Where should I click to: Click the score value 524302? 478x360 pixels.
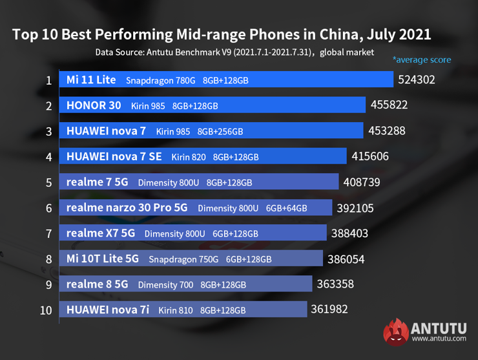(417, 80)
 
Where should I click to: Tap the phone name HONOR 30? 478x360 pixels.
(94, 105)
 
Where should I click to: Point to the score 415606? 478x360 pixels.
(370, 156)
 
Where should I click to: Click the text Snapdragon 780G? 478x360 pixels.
(160, 81)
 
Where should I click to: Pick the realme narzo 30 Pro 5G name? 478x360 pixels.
(127, 208)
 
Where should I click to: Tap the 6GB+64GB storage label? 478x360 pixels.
(286, 209)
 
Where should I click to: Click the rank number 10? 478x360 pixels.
(46, 310)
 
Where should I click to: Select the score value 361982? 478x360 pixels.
(329, 310)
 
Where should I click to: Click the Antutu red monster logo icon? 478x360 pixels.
(395, 332)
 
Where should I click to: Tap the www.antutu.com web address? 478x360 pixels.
(439, 338)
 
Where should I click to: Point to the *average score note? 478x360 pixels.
(421, 60)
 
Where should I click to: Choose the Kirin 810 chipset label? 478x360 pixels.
(176, 310)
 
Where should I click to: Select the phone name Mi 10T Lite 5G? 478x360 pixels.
(103, 259)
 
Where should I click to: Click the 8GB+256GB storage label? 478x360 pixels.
(220, 131)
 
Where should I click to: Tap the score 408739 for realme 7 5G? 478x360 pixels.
(362, 182)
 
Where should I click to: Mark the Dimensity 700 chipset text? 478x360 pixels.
(165, 284)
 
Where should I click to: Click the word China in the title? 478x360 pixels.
(333, 34)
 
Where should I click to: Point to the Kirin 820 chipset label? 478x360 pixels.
(188, 157)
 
